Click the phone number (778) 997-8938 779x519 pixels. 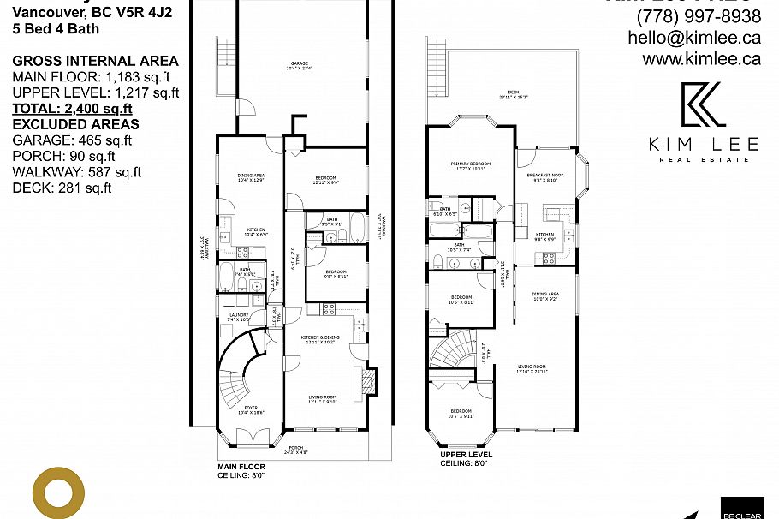click(698, 16)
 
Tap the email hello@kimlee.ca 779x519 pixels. click(693, 38)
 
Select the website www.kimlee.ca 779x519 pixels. click(701, 59)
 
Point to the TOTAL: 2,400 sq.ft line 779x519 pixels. click(73, 109)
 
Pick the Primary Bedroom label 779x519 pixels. click(469, 164)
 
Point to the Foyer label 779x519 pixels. click(249, 409)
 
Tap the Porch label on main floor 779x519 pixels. click(295, 449)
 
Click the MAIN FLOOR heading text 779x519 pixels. click(241, 467)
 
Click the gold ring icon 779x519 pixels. click(58, 494)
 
